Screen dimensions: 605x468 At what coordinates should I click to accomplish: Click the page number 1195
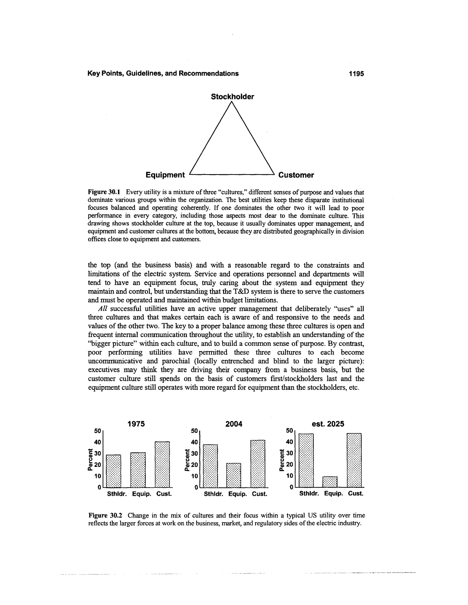pyautogui.click(x=356, y=74)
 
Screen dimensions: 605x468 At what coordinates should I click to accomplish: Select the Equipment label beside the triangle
pyautogui.click(x=165, y=175)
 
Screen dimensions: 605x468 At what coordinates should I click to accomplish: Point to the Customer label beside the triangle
pyautogui.click(x=296, y=175)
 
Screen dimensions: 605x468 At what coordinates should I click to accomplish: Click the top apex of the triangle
pyautogui.click(x=232, y=102)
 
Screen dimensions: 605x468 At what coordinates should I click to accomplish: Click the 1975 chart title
pyautogui.click(x=136, y=424)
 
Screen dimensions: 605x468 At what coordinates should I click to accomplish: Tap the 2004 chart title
pyautogui.click(x=234, y=424)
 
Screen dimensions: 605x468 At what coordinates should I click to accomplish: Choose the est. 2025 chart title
pyautogui.click(x=328, y=424)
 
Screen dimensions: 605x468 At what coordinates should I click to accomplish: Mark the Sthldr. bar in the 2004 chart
pyautogui.click(x=210, y=466)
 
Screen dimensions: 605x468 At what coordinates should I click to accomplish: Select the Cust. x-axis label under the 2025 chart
pyautogui.click(x=355, y=494)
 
